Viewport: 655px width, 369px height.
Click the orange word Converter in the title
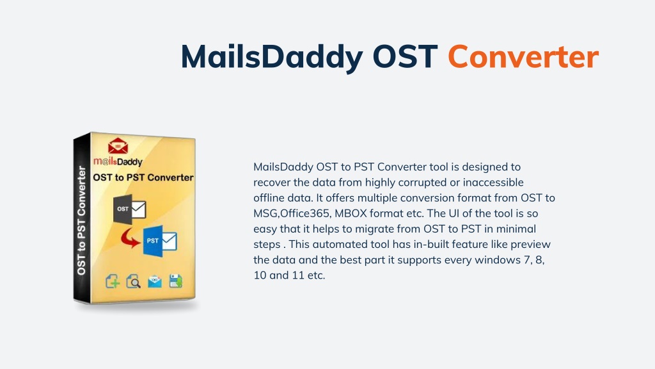(523, 56)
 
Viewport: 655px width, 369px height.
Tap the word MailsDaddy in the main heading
(272, 58)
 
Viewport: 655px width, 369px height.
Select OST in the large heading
(405, 56)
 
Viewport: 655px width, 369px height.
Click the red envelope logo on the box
(118, 145)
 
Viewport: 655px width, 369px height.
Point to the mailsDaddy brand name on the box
(118, 161)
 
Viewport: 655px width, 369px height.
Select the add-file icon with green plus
(113, 281)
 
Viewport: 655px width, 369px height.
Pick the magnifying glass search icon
(133, 281)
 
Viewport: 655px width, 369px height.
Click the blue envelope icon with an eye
(155, 281)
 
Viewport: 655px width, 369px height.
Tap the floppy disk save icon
(176, 281)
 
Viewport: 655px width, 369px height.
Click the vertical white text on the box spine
(81, 220)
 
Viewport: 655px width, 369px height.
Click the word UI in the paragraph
(454, 213)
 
